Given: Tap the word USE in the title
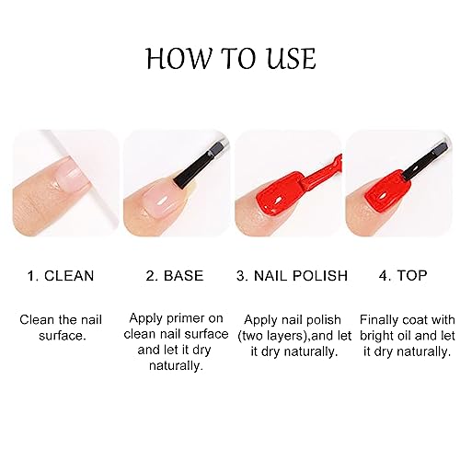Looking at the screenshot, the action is (x=288, y=58).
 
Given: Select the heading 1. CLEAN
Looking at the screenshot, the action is (x=61, y=275).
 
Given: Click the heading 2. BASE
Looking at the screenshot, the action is (x=175, y=275).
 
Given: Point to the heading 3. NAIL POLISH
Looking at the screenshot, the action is (x=292, y=275).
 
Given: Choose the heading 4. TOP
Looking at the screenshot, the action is (x=403, y=275).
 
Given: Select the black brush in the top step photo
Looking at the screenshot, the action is (x=425, y=163).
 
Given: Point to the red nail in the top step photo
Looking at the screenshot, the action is (x=387, y=194).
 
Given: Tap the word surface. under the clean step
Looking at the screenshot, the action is (x=63, y=336).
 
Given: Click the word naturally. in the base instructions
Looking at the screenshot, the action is (x=176, y=366).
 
